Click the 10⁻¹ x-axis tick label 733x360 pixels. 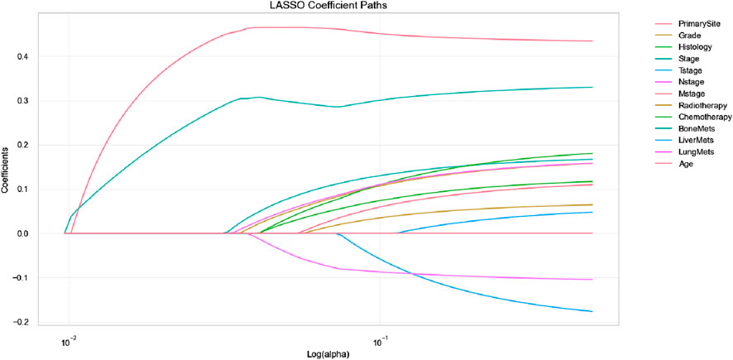point(379,342)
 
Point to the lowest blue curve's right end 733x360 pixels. point(592,311)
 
